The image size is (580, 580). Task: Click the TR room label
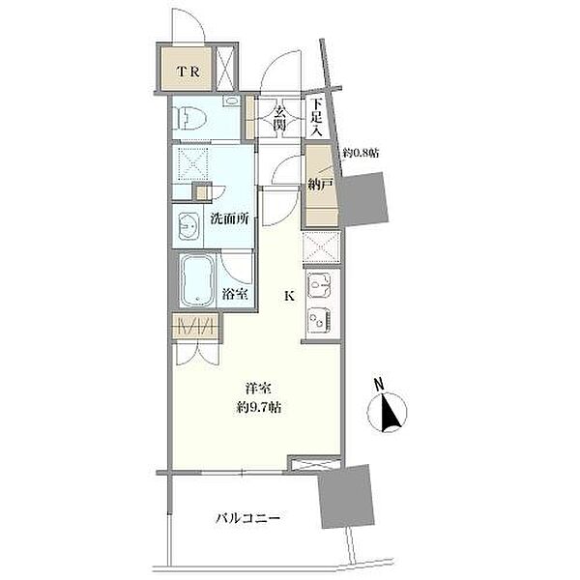pyautogui.click(x=188, y=72)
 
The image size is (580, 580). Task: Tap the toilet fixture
pyautogui.click(x=190, y=118)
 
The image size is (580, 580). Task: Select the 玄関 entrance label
pyautogui.click(x=280, y=118)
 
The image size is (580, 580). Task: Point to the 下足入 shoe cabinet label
pyautogui.click(x=316, y=118)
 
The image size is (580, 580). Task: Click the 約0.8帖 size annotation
pyautogui.click(x=361, y=153)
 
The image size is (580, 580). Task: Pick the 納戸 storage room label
pyautogui.click(x=321, y=184)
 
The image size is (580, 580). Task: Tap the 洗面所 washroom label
pyautogui.click(x=229, y=219)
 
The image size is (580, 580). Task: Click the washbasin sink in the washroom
pyautogui.click(x=188, y=226)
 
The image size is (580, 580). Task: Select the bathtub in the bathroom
pyautogui.click(x=197, y=280)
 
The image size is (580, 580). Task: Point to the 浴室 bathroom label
pyautogui.click(x=235, y=295)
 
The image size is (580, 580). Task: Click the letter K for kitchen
pyautogui.click(x=289, y=296)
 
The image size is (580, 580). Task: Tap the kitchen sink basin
pyautogui.click(x=319, y=285)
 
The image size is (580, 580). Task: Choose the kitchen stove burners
pyautogui.click(x=319, y=319)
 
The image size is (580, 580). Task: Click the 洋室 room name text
pyautogui.click(x=258, y=389)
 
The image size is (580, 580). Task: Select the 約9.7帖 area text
pyautogui.click(x=258, y=407)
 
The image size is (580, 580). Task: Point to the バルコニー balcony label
pyautogui.click(x=247, y=518)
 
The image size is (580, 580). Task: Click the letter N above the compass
pyautogui.click(x=378, y=385)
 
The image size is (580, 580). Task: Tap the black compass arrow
pyautogui.click(x=390, y=413)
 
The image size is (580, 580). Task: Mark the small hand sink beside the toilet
pyautogui.click(x=231, y=101)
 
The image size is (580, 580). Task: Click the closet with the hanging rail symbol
pyautogui.click(x=196, y=327)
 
